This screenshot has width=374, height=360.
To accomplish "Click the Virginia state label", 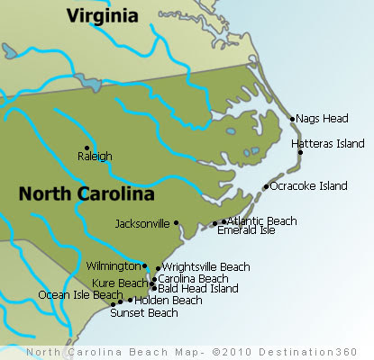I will click(x=103, y=15).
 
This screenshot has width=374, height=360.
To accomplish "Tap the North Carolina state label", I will click(x=87, y=193).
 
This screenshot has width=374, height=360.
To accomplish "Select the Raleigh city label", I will click(x=95, y=156).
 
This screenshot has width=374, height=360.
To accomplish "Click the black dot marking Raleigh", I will click(x=87, y=148).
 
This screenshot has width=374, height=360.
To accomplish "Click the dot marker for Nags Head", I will click(x=292, y=118).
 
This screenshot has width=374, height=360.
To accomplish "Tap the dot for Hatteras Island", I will click(x=300, y=152).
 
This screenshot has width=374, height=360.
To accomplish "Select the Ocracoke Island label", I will click(x=309, y=186).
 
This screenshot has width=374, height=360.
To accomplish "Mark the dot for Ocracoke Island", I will click(x=266, y=186).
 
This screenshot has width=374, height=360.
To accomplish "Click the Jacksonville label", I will click(x=143, y=223).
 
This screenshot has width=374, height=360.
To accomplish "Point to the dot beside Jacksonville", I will click(x=177, y=222).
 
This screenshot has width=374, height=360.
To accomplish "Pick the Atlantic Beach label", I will click(x=262, y=220).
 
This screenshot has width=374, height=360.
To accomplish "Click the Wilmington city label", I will click(x=113, y=266).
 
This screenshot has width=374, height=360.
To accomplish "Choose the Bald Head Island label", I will click(x=198, y=289).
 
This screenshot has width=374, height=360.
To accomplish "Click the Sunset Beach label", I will click(x=143, y=313).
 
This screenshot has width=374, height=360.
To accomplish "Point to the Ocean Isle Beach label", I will click(x=79, y=294).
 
